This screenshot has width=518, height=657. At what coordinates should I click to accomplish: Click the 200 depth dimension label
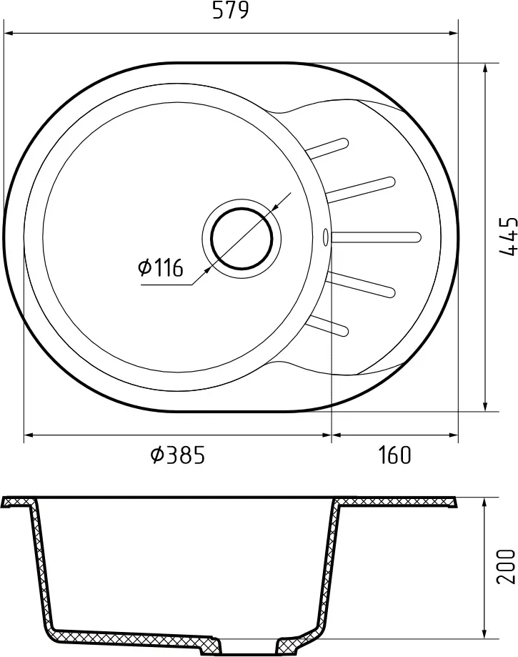(505, 566)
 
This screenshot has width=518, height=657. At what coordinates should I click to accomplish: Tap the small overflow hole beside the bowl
(326, 234)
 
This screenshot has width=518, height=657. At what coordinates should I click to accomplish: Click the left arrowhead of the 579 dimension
(9, 32)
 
